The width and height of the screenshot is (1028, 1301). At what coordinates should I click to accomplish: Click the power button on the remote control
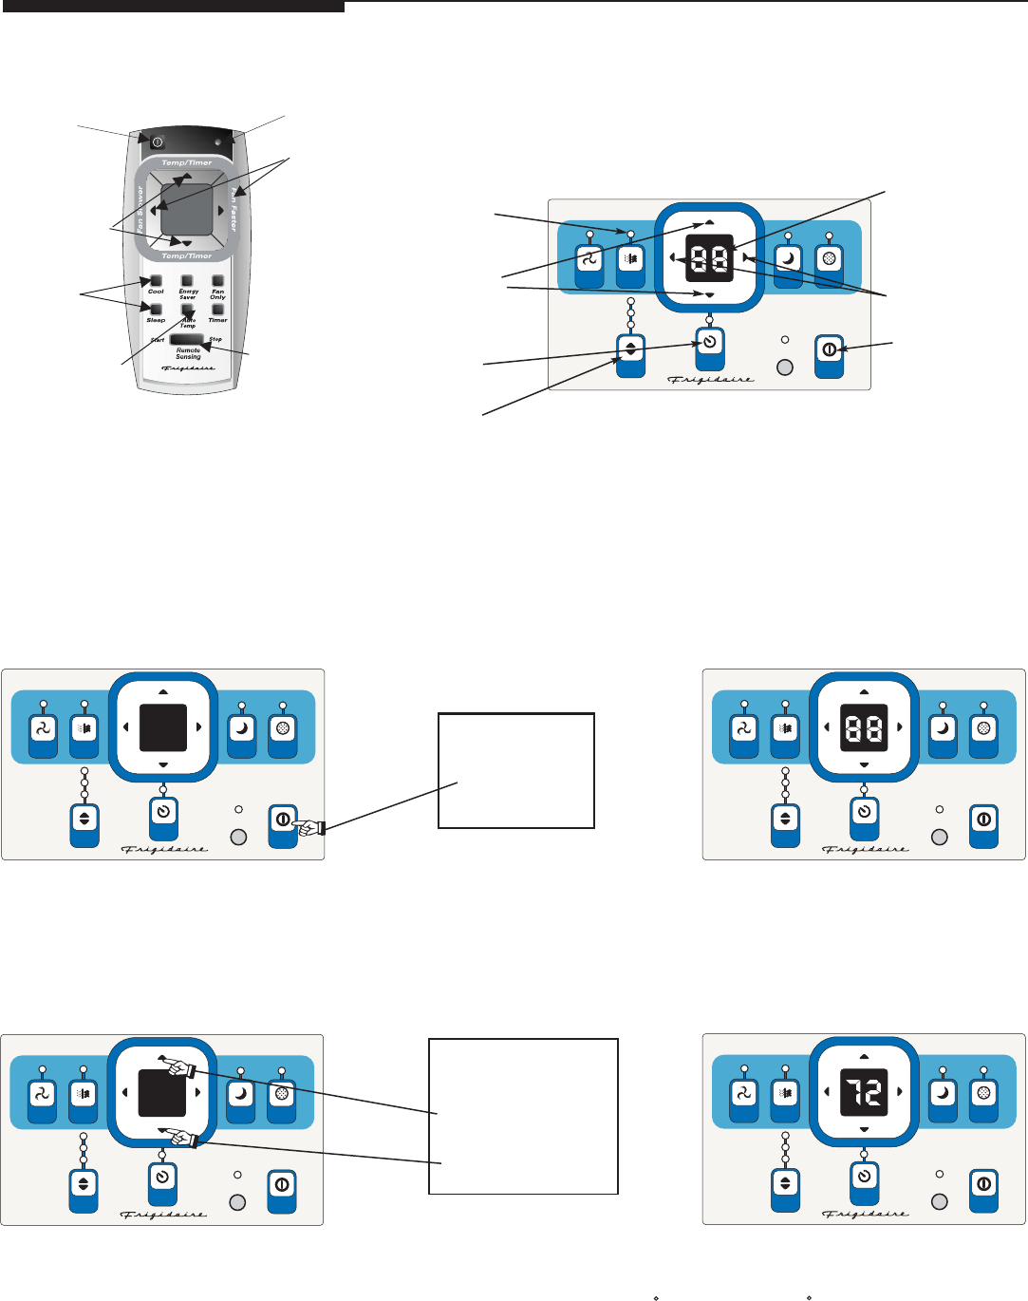point(158,142)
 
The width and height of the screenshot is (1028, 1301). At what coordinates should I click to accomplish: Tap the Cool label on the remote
point(156,292)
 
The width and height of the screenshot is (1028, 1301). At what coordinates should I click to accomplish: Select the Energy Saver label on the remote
point(188,293)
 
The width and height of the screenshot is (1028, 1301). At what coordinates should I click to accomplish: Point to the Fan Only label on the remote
point(218,293)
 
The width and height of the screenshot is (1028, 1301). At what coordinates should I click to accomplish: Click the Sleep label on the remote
point(156,320)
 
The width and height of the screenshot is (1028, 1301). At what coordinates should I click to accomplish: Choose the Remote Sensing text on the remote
point(188,353)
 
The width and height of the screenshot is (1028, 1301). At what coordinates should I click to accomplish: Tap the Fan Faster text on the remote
point(232,209)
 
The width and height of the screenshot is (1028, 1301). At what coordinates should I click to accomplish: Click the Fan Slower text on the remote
point(140,209)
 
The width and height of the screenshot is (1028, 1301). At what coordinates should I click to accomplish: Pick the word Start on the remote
point(158,340)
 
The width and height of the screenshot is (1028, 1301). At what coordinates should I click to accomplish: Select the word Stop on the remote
point(215,339)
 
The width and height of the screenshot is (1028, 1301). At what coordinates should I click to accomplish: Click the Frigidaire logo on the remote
point(187,368)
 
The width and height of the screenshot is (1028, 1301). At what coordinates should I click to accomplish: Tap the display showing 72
point(864,1093)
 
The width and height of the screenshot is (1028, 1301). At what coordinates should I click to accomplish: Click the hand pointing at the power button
point(308,828)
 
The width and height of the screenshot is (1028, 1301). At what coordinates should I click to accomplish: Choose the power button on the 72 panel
point(983,1185)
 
